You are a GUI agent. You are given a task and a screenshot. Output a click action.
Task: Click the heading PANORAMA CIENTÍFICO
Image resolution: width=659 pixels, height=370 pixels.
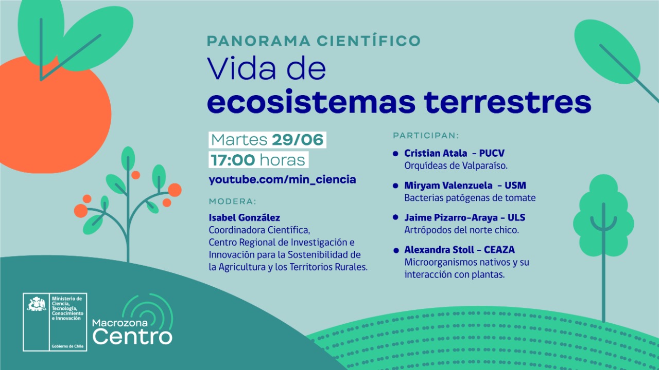tap(314, 41)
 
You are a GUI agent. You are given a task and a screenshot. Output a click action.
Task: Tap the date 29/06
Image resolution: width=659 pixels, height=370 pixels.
tap(298, 140)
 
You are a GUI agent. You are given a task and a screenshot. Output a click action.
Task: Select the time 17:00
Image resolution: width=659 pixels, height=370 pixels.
tap(233, 160)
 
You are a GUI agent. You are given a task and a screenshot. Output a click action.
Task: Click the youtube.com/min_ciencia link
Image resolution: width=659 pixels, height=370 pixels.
tap(283, 179)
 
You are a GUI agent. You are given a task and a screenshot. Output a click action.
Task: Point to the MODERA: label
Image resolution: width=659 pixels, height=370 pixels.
tap(232, 201)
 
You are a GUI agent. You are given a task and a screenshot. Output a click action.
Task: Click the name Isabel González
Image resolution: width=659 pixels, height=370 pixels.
tap(245, 217)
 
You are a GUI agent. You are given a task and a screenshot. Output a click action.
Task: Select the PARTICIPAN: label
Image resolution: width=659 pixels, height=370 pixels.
tap(426, 136)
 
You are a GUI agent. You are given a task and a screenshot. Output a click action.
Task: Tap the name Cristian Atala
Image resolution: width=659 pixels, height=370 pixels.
tap(436, 153)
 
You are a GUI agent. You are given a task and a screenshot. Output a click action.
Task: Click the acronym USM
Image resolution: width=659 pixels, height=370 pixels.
tap(515, 186)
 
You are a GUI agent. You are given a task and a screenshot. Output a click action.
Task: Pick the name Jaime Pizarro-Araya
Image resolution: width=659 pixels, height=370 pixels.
tap(451, 218)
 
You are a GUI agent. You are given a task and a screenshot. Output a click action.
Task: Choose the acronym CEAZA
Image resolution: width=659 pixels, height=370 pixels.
tap(499, 250)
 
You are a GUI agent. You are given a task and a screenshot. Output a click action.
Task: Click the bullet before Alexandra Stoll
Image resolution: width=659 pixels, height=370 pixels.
tap(396, 250)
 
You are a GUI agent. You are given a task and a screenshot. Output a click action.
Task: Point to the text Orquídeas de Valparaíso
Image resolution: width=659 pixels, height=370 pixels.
tap(456, 166)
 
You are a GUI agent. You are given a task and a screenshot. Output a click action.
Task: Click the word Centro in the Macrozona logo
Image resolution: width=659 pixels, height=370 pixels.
tap(132, 337)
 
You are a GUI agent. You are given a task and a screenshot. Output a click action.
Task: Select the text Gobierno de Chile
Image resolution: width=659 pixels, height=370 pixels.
tap(67, 346)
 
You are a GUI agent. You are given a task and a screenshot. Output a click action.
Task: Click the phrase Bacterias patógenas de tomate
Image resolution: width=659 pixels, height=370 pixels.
tap(470, 198)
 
